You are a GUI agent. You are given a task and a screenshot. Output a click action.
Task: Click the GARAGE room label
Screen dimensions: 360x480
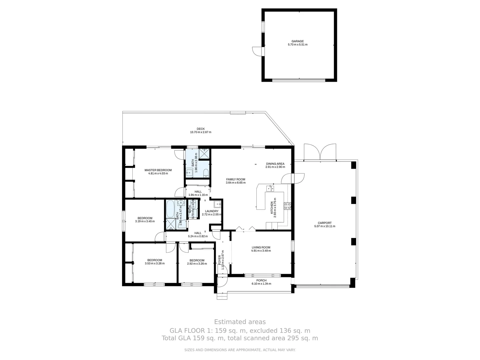pyautogui.click(x=297, y=41)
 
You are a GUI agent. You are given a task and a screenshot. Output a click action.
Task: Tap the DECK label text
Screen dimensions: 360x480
pyautogui.click(x=200, y=129)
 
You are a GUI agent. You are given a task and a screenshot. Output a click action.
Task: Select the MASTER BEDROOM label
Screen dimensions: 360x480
pyautogui.click(x=158, y=170)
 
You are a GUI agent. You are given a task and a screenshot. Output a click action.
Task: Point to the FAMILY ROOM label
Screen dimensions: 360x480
pyautogui.click(x=236, y=179)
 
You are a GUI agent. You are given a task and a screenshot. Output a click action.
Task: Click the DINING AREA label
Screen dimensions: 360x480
pyautogui.click(x=275, y=164)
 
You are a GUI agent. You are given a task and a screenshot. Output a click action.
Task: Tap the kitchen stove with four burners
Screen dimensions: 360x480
pyautogui.click(x=287, y=206)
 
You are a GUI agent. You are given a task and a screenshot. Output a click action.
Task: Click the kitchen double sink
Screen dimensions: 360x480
pyautogui.click(x=270, y=189)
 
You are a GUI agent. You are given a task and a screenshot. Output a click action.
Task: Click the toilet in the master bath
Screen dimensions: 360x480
pyautogui.click(x=206, y=173)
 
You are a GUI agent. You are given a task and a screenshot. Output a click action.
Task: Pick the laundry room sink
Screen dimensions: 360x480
pyautogui.click(x=217, y=204)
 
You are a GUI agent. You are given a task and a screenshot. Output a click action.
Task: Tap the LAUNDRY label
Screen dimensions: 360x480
pyautogui.click(x=212, y=211)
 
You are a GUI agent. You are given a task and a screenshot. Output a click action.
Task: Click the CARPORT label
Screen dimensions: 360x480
pyautogui.click(x=324, y=223)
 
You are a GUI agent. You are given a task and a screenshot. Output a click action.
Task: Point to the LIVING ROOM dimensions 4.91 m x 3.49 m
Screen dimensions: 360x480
pyautogui.click(x=261, y=251)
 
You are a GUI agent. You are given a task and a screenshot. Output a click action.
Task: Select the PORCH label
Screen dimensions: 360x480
pyautogui.click(x=261, y=280)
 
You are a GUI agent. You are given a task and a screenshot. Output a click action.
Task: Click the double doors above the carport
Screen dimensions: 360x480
pyautogui.click(x=320, y=153)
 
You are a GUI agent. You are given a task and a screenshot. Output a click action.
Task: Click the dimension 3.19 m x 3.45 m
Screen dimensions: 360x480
pyautogui.click(x=145, y=221)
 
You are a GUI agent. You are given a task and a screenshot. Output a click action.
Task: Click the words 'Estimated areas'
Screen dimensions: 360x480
pyautogui.click(x=240, y=322)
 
